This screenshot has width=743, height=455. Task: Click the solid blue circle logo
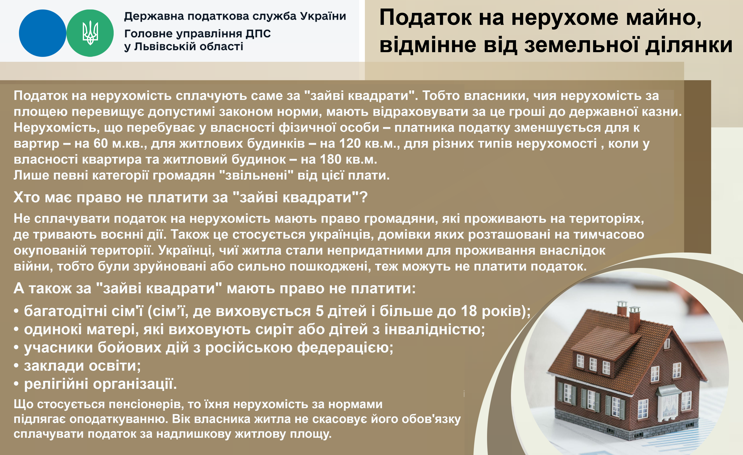[x=42, y=33]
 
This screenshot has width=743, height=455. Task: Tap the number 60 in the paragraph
[x=100, y=143]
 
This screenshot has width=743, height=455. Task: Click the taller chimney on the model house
[x=622, y=311]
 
